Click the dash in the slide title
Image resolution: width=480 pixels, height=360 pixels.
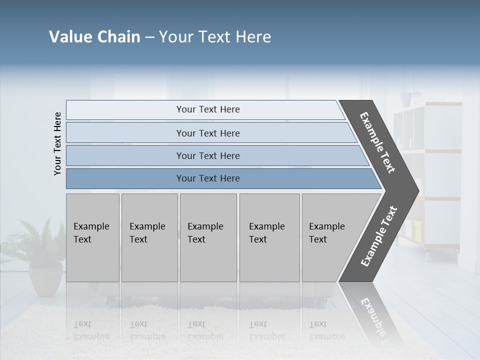point(149,37)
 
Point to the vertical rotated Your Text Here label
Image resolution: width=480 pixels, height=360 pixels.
point(57,143)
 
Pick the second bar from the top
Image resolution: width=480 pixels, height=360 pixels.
point(207,133)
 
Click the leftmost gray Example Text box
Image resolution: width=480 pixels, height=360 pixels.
point(92,237)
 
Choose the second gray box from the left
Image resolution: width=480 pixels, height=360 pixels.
point(149,237)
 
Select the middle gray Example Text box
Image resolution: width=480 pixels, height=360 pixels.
point(208,237)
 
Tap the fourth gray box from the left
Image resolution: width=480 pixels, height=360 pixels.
point(269,237)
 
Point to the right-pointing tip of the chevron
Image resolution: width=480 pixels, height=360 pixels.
point(416,190)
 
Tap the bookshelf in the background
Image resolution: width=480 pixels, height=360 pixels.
point(430,175)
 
